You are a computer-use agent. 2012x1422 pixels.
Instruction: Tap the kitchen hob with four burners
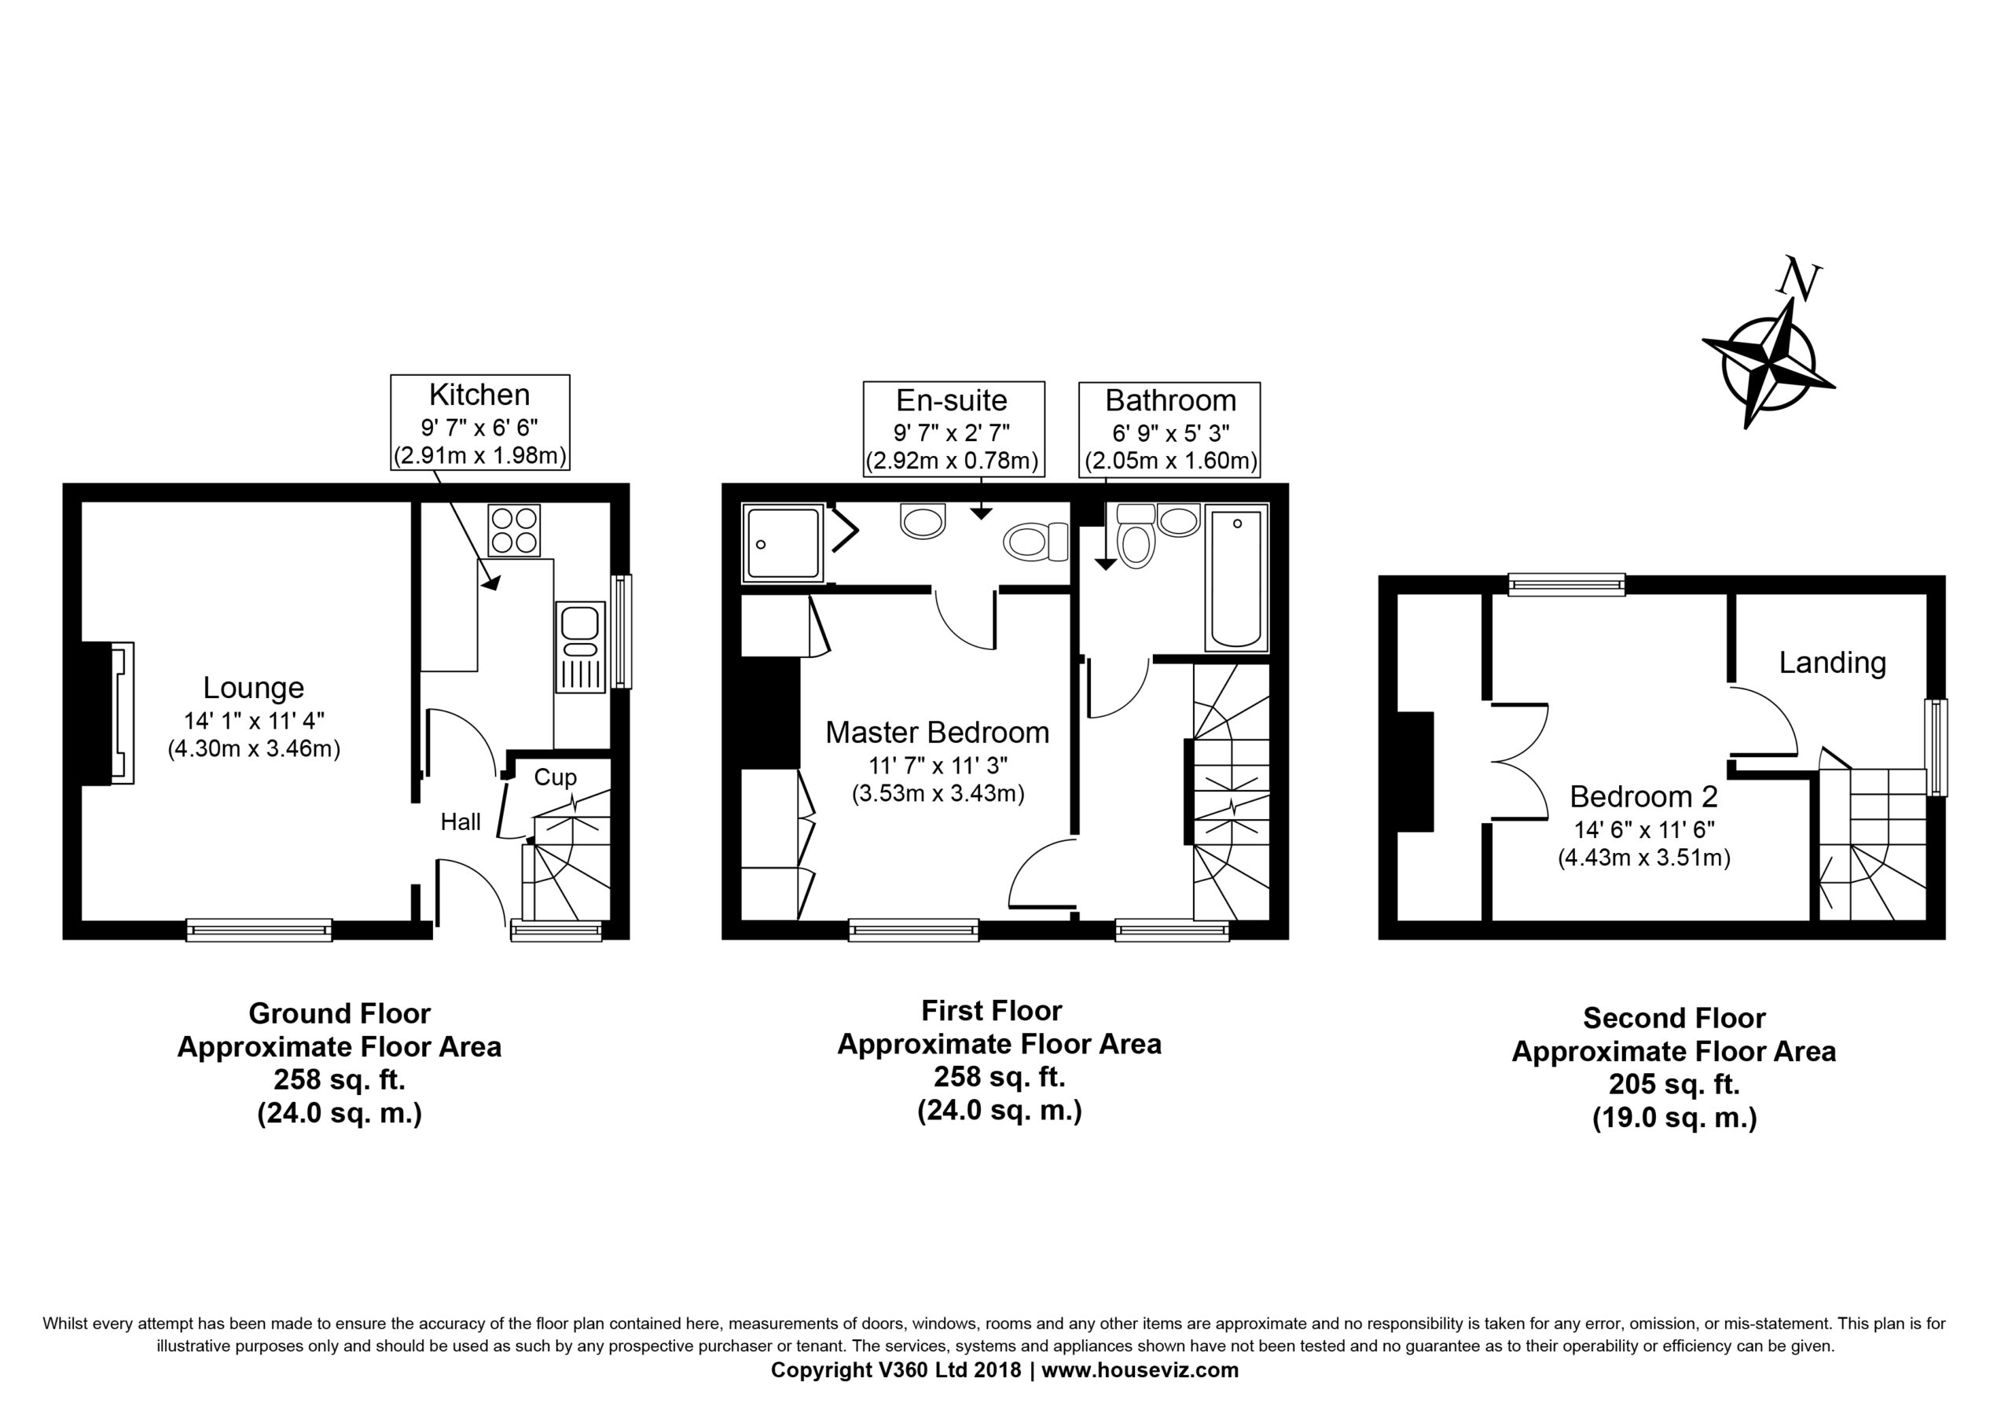pyautogui.click(x=514, y=531)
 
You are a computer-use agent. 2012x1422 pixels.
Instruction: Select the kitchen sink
pyautogui.click(x=580, y=646)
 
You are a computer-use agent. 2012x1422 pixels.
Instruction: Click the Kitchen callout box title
pyautogui.click(x=479, y=395)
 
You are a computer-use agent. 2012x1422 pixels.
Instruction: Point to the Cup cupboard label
pyautogui.click(x=556, y=777)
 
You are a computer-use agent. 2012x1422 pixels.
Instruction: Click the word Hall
pyautogui.click(x=461, y=821)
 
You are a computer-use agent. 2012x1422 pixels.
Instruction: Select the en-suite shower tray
pyautogui.click(x=784, y=543)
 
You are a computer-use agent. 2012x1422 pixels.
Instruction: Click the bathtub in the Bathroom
pyautogui.click(x=1236, y=578)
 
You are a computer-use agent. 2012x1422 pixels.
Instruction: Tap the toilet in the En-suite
pyautogui.click(x=1037, y=542)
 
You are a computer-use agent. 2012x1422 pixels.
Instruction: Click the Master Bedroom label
pyautogui.click(x=938, y=732)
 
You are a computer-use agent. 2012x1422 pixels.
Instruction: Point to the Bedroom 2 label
pyautogui.click(x=1643, y=796)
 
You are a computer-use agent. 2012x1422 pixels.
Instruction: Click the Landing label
pyautogui.click(x=1832, y=663)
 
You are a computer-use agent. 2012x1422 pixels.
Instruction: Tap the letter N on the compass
pyautogui.click(x=1801, y=279)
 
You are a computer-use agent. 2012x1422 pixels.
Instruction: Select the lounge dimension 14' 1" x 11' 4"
pyautogui.click(x=254, y=721)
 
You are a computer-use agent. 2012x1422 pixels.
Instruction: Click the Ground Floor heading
pyautogui.click(x=340, y=1013)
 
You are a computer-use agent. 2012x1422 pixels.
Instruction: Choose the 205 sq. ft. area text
pyautogui.click(x=1674, y=1085)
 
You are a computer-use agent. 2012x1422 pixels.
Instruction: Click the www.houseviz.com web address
pyautogui.click(x=1140, y=1370)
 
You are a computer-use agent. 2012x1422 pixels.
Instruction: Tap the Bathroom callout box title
pyautogui.click(x=1170, y=401)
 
